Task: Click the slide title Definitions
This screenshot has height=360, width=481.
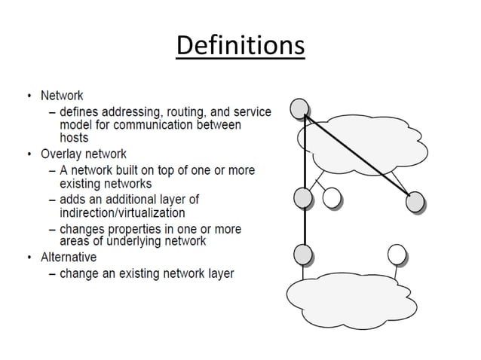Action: point(240,47)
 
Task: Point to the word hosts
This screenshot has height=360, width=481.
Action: point(74,138)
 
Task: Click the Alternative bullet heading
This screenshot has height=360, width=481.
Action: point(69,258)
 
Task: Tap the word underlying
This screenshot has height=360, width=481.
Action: point(139,241)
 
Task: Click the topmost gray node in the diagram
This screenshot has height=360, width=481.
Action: point(299,108)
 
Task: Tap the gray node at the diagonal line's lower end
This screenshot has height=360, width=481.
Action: point(415,201)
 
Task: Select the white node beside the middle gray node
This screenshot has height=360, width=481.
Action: point(332,198)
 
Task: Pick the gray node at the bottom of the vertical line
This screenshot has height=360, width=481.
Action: point(303,254)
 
